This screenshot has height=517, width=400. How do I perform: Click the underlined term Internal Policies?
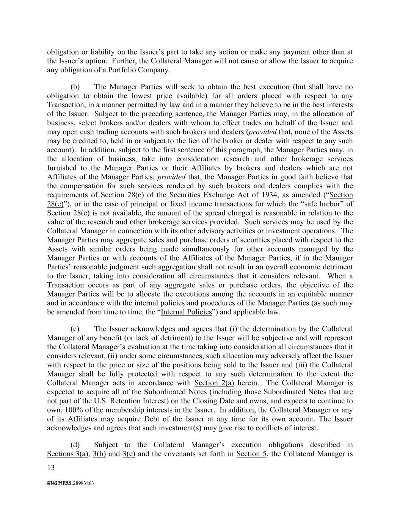click(186, 312)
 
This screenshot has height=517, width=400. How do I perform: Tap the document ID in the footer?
click(71, 483)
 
